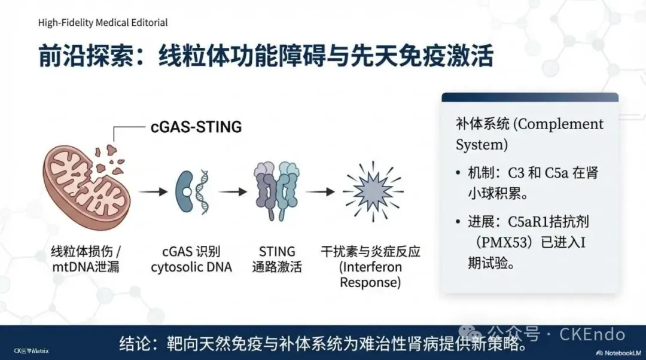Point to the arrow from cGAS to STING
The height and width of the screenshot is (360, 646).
pos(233,193)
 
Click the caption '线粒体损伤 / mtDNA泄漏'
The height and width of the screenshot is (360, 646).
pos(86,259)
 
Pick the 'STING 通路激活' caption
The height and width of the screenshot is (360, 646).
pos(277,259)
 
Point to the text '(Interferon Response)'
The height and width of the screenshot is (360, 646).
pos(371,274)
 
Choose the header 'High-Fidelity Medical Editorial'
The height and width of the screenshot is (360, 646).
pos(103,23)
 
